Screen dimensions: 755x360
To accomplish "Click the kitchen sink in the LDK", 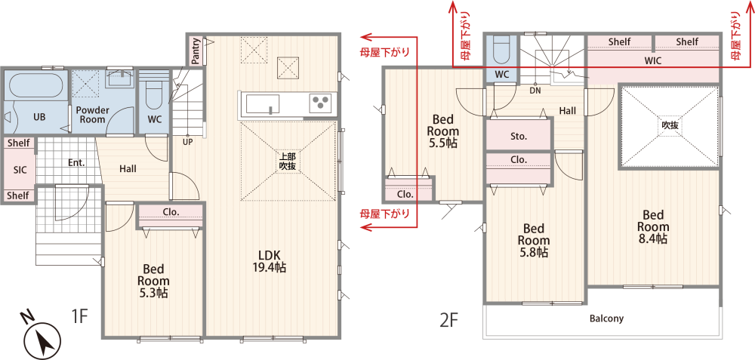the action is pyautogui.click(x=263, y=103).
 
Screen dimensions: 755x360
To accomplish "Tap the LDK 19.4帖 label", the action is pyautogui.click(x=270, y=262).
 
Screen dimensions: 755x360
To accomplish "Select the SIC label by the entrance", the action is pyautogui.click(x=20, y=170).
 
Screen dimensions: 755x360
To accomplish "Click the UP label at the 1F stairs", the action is pyautogui.click(x=187, y=143).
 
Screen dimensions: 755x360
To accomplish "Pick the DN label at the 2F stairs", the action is pyautogui.click(x=535, y=90).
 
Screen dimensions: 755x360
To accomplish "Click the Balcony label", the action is pyautogui.click(x=606, y=318).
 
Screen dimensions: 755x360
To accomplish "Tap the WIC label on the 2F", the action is pyautogui.click(x=653, y=61).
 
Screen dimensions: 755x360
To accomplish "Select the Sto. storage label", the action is pyautogui.click(x=519, y=136).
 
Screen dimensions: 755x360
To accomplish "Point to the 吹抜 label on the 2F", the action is pyautogui.click(x=670, y=125).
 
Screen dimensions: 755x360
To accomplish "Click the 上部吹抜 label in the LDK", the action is pyautogui.click(x=288, y=162).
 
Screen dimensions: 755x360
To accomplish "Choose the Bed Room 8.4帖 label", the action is pyautogui.click(x=653, y=227).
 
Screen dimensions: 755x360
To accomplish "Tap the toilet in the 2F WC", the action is pyautogui.click(x=501, y=50).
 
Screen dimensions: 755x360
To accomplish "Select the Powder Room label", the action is pyautogui.click(x=92, y=115).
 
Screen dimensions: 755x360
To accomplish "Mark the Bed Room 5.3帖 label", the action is pyautogui.click(x=153, y=281).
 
